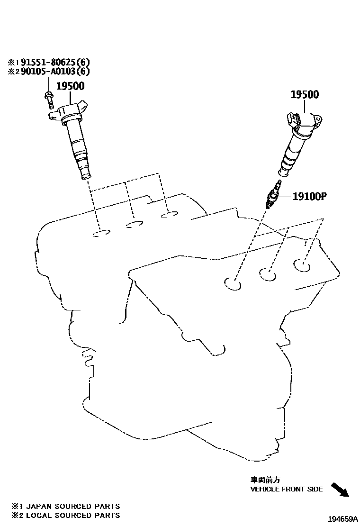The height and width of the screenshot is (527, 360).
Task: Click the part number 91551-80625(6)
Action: click(53, 62)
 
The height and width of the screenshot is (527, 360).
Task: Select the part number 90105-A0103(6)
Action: click(53, 72)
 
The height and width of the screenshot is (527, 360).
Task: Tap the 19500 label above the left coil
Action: click(70, 86)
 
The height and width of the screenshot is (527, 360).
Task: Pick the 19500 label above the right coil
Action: click(305, 95)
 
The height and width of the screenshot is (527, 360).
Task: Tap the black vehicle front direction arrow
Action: click(340, 490)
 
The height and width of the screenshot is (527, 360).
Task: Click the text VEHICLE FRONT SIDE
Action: click(286, 489)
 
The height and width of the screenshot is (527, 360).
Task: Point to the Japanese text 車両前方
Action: click(262, 480)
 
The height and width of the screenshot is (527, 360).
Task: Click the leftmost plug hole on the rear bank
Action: click(101, 233)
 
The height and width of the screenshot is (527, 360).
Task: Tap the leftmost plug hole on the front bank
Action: click(233, 284)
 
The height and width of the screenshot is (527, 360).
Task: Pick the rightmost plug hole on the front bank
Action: click(301, 265)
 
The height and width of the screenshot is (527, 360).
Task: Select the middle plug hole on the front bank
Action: click(268, 273)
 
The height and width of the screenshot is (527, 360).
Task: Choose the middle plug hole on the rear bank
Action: click(135, 224)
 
